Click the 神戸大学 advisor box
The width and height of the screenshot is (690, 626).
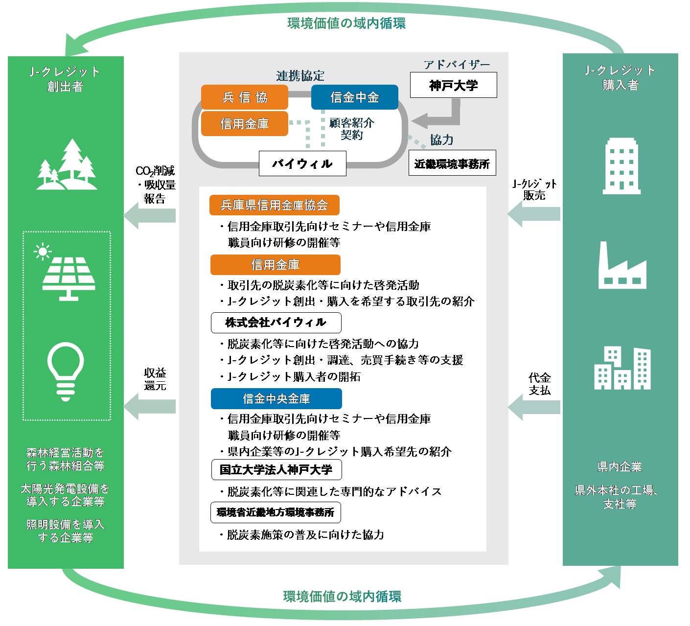click(x=453, y=85)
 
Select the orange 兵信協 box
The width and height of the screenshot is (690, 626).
click(x=244, y=97)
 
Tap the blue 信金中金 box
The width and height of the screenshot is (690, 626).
click(x=355, y=97)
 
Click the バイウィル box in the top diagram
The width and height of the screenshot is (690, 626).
click(x=302, y=163)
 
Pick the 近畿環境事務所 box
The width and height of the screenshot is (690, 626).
click(x=452, y=163)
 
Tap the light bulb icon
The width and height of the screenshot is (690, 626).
click(x=66, y=371)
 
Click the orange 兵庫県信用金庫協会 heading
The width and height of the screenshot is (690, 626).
click(x=274, y=205)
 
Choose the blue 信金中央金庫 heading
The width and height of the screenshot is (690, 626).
click(x=276, y=398)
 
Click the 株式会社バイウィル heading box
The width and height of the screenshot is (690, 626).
click(x=276, y=323)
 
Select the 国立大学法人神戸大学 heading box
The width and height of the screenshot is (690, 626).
click(x=276, y=469)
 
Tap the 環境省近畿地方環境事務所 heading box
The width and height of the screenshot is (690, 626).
click(x=275, y=512)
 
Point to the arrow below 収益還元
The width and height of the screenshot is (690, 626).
click(x=150, y=406)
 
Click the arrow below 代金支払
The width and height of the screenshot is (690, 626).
click(x=534, y=407)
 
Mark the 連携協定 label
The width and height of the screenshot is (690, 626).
click(x=300, y=76)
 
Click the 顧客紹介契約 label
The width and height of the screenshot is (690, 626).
click(x=351, y=129)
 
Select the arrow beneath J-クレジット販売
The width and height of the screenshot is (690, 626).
click(x=534, y=214)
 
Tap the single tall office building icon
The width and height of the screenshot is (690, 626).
click(x=621, y=166)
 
